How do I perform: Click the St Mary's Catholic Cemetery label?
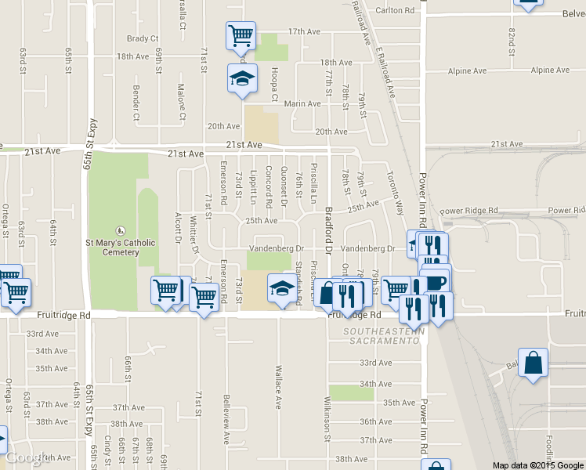120,247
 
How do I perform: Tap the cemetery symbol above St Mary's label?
120,230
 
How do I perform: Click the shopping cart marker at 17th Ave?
241,35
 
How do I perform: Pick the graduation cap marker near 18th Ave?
242,78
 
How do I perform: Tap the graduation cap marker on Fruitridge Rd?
283,288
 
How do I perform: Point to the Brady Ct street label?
143,38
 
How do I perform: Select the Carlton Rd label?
394,10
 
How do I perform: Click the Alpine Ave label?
467,71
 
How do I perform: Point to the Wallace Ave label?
278,385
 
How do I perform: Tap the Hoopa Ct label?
274,85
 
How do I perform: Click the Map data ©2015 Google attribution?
538,465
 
